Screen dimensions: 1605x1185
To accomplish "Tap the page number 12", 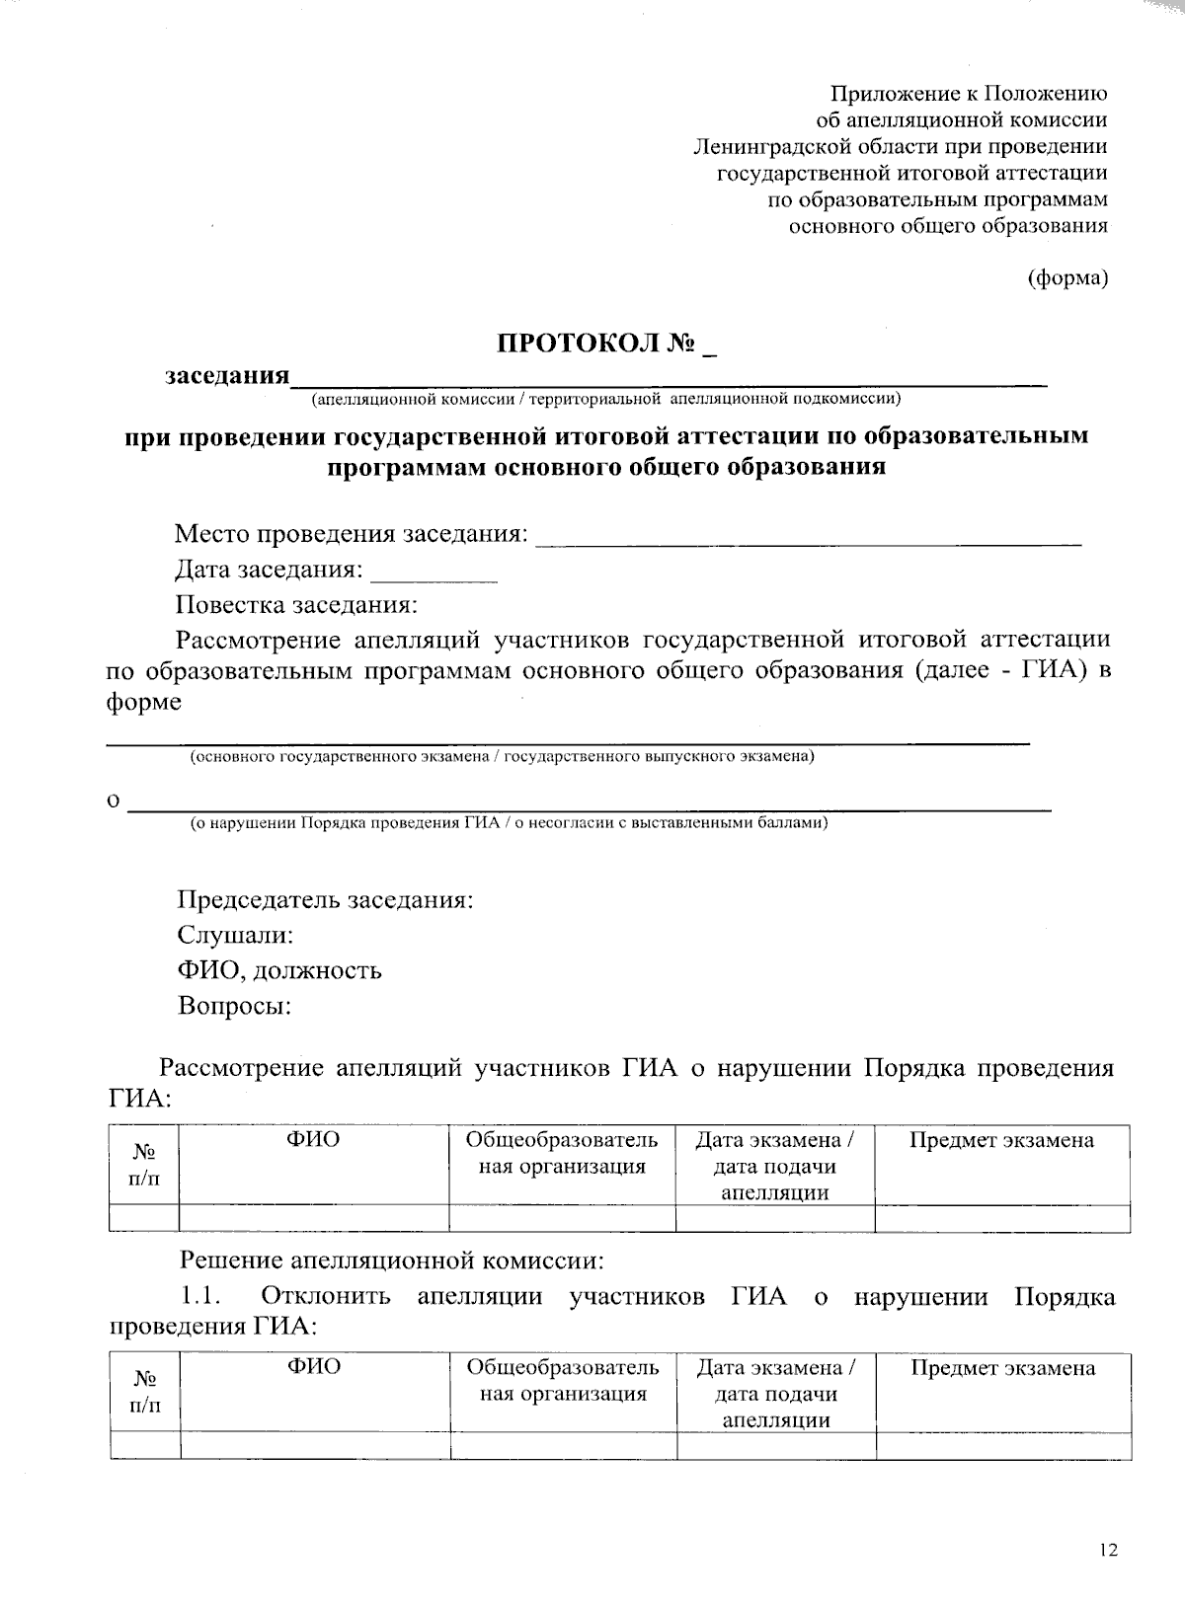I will point(1108,1551).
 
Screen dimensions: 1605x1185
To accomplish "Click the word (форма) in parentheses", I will point(1068,278).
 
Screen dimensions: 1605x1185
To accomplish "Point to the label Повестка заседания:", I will point(296,605).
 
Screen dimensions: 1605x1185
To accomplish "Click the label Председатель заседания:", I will point(325,900).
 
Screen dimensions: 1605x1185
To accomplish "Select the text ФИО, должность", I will point(279,970).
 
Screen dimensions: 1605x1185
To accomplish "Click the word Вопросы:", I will point(234,1006).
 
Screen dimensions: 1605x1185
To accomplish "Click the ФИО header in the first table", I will point(313,1141).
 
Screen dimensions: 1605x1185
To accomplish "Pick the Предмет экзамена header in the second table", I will point(1002,1368).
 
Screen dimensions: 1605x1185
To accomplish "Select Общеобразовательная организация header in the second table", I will point(563,1381).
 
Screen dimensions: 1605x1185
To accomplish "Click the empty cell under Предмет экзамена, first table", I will point(1001,1218).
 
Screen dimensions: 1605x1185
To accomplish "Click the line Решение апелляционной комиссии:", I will point(390,1261).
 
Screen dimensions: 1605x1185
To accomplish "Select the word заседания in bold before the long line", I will point(227,376).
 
